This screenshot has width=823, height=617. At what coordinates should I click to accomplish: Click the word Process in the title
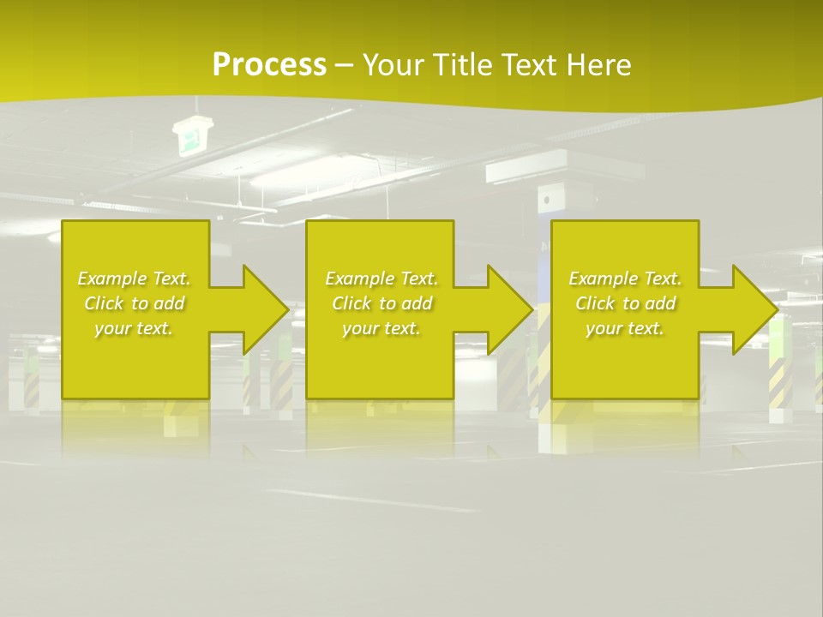pyautogui.click(x=269, y=65)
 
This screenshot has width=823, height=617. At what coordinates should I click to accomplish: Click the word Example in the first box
pyautogui.click(x=112, y=279)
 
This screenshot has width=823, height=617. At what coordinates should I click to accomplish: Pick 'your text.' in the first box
pyautogui.click(x=134, y=328)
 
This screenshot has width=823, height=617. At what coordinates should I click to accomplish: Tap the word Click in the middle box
pyautogui.click(x=351, y=303)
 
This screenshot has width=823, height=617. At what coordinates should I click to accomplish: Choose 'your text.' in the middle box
pyautogui.click(x=381, y=328)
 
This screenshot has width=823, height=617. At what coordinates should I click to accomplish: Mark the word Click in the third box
pyautogui.click(x=595, y=303)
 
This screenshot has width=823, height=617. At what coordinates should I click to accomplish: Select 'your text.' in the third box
pyautogui.click(x=625, y=328)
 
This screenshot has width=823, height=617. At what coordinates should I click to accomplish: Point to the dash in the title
pyautogui.click(x=344, y=65)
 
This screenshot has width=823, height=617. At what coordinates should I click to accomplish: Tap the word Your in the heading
pyautogui.click(x=391, y=65)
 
